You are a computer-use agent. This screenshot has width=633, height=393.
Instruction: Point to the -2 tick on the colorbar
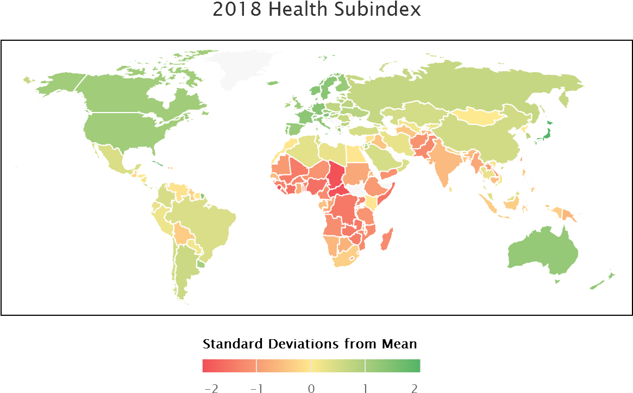coord(211,388)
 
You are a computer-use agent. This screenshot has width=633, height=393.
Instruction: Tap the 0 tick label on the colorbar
coord(311,388)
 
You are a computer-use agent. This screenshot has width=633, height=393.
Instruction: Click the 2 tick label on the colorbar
coord(415,388)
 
